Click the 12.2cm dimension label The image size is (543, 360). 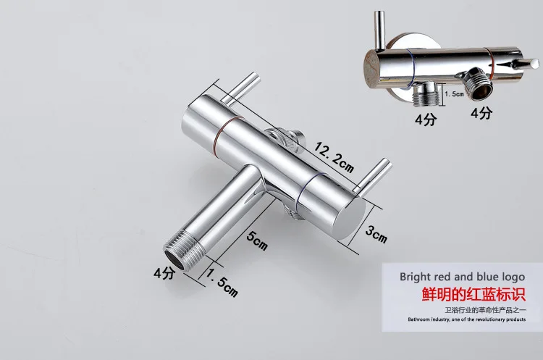(334, 158)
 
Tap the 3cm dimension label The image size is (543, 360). (376, 235)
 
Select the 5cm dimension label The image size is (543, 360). (257, 240)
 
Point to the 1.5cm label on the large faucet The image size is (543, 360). (222, 282)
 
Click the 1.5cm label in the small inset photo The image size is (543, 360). (455, 93)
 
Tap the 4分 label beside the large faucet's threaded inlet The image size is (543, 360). (164, 273)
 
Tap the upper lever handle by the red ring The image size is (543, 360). (241, 88)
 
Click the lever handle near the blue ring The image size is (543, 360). (373, 175)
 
